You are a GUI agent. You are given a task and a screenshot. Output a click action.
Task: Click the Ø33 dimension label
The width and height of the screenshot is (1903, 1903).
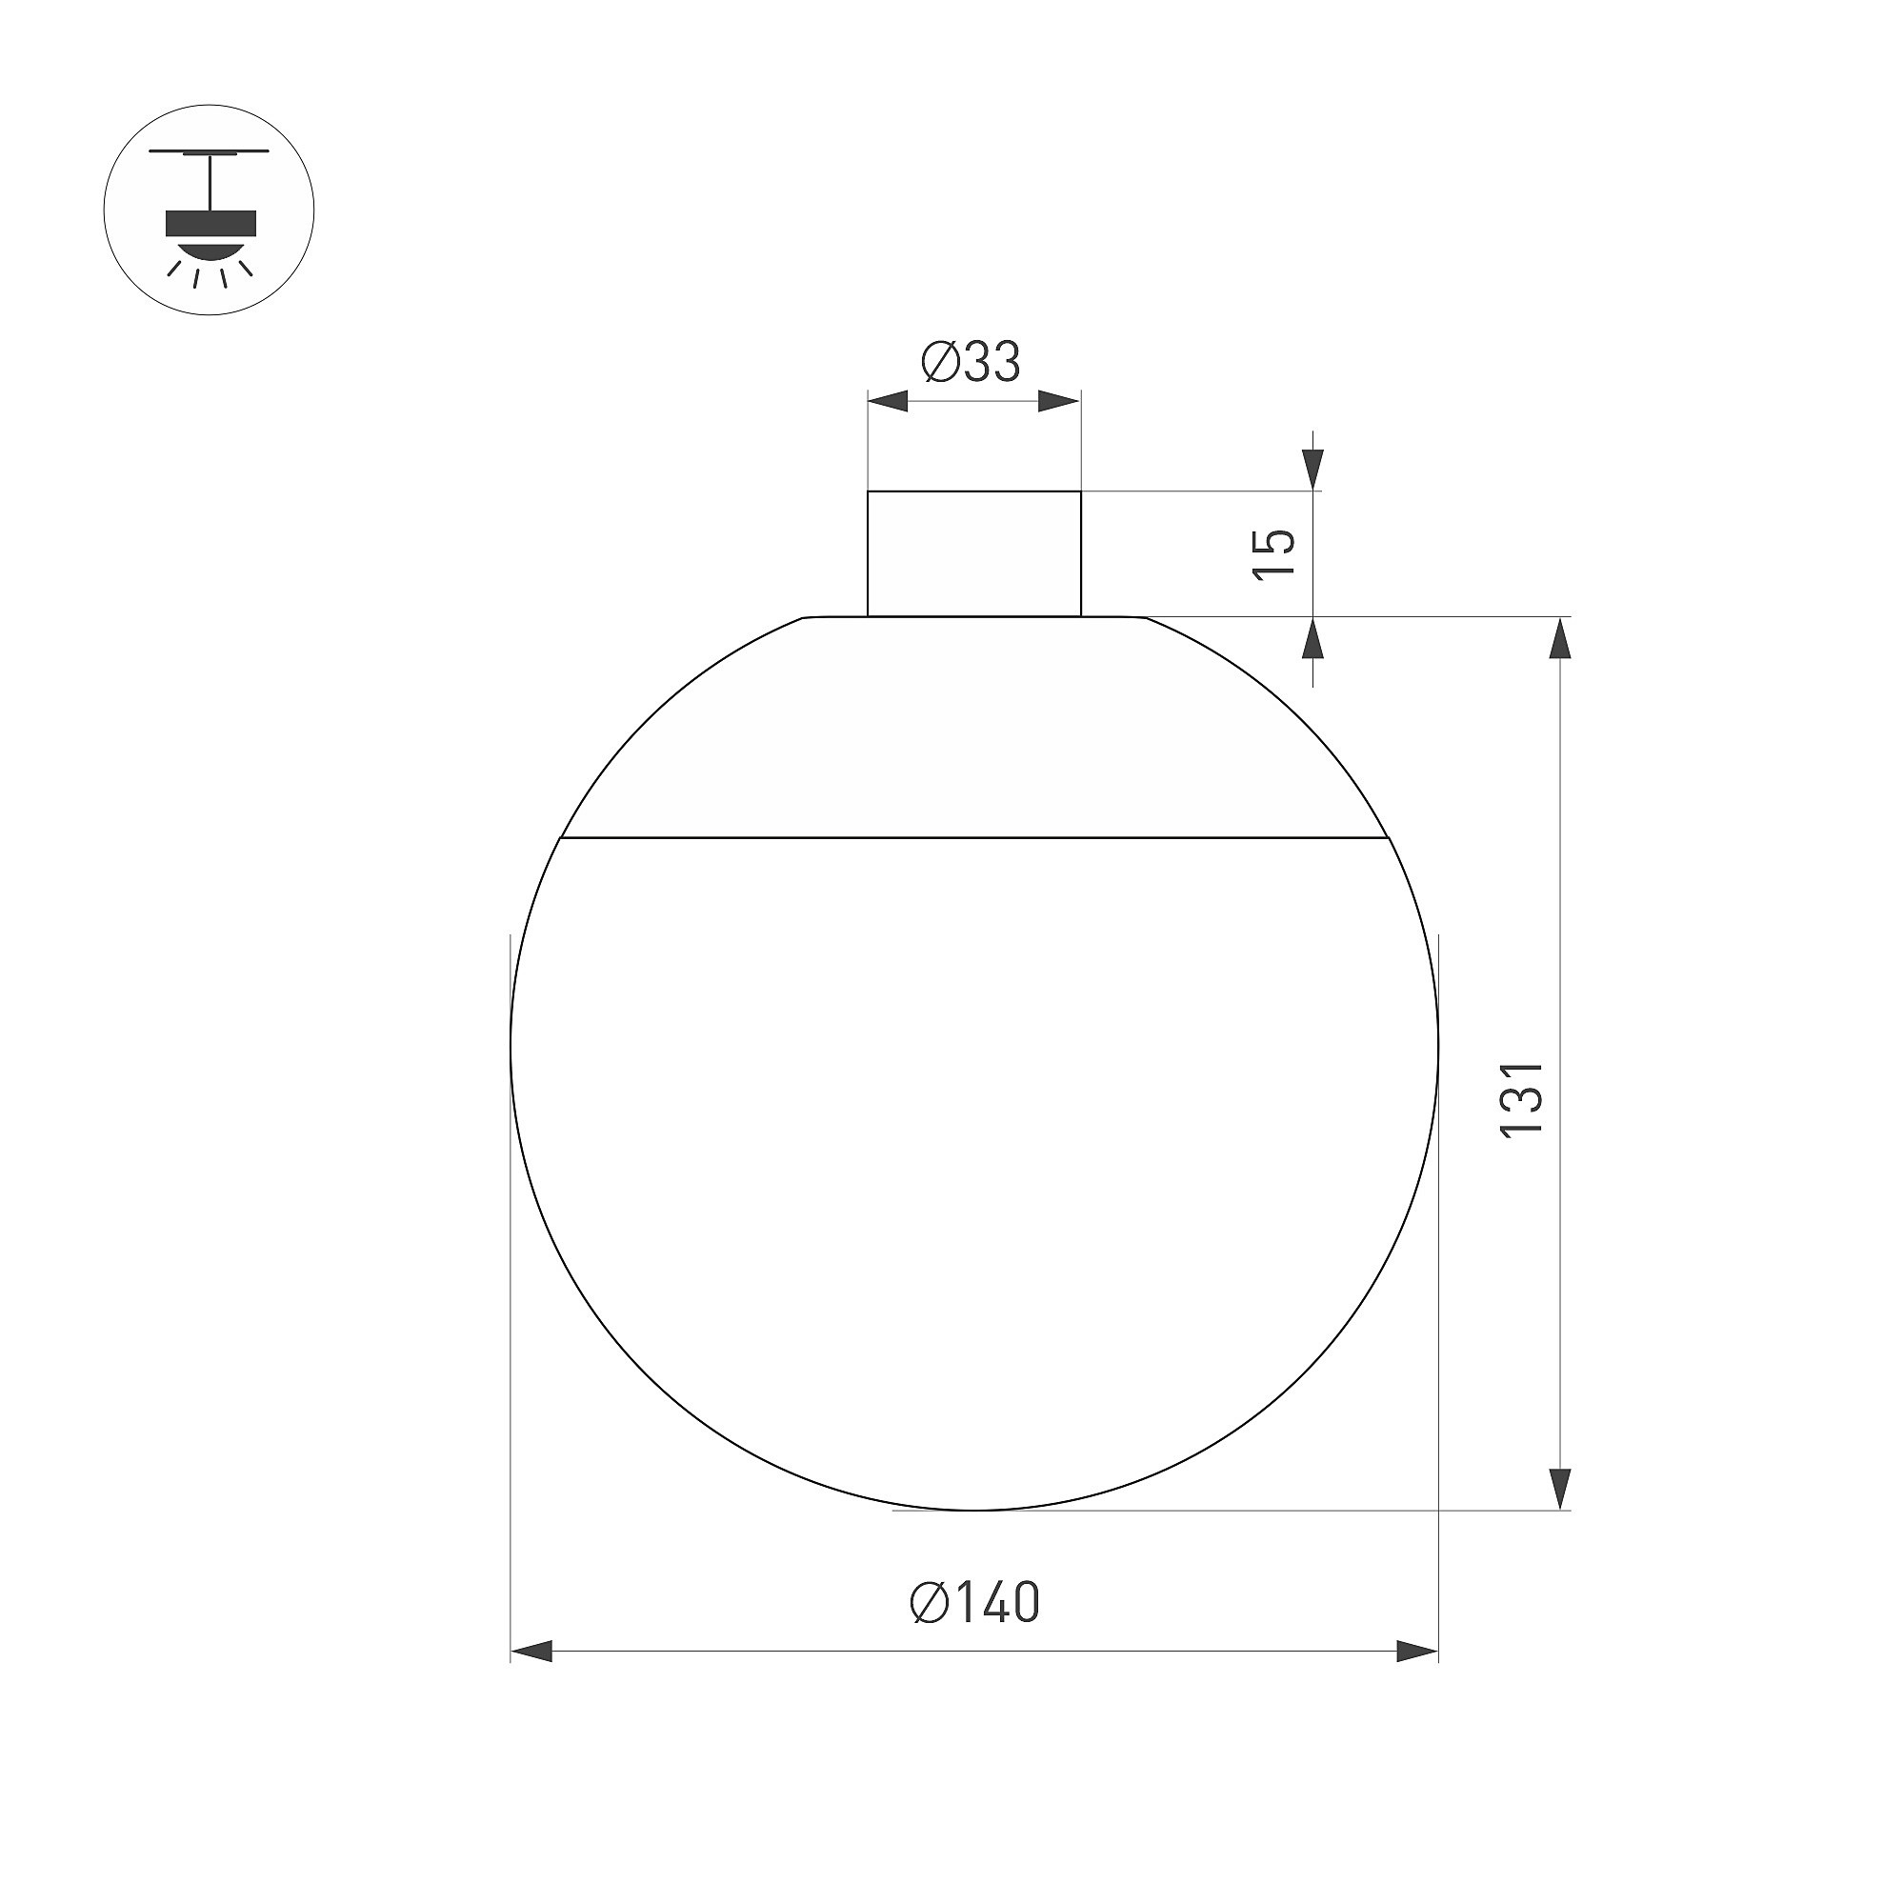[972, 362]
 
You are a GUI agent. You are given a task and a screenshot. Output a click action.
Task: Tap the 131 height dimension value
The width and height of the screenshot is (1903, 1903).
[1521, 1100]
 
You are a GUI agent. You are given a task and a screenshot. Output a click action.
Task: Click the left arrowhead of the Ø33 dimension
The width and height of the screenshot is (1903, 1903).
[888, 401]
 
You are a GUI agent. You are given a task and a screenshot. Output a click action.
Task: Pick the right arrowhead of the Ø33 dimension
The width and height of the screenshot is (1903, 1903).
[1061, 401]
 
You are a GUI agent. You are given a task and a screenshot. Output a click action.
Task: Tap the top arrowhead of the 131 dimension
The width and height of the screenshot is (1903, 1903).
[1558, 637]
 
